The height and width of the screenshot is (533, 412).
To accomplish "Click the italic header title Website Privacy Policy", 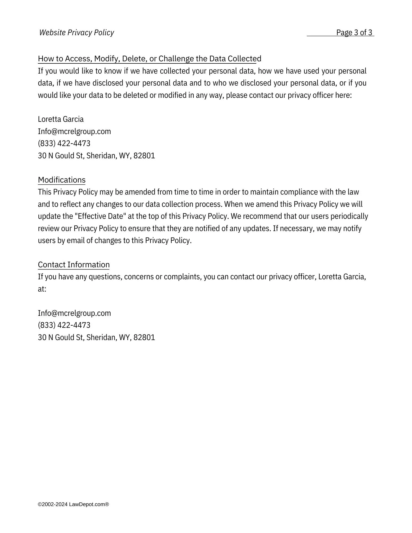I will pos(77,33).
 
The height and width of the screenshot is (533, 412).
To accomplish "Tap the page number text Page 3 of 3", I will pos(354,33).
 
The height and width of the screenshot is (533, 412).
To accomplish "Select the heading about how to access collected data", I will pos(149,59).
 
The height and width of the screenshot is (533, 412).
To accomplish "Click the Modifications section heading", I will pos(62,180).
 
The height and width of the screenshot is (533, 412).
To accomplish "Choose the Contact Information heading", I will pos(74,265).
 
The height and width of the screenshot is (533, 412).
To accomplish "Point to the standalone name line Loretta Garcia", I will pos(61,119).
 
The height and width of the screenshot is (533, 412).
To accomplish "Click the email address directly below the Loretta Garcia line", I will pos(74,131).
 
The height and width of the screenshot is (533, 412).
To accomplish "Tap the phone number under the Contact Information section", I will pos(64,325).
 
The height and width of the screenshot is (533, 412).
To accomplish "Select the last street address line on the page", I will pos(96,337).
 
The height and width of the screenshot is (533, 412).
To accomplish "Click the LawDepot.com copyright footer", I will pos(73,504).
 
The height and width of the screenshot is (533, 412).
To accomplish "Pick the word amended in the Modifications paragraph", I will pos(140,192).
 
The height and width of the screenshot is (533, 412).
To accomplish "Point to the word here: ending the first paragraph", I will pos(343,95).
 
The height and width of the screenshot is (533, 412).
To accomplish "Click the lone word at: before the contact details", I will pos(42,289).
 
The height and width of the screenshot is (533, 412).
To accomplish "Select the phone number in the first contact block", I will pos(64,143).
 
